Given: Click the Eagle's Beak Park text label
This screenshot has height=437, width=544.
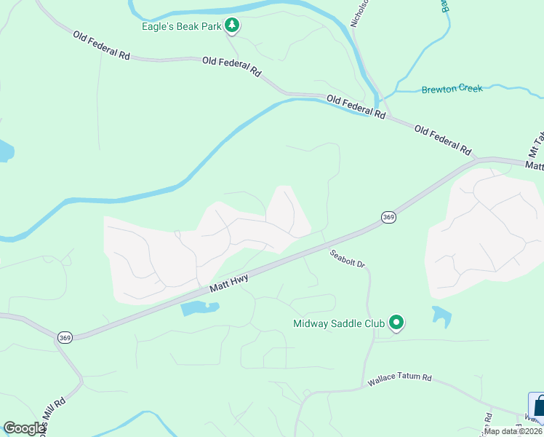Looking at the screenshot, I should coord(180,28).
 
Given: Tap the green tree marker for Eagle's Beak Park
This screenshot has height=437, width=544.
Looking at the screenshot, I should coord(232,27).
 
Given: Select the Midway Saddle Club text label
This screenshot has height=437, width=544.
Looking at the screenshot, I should coord(339,323).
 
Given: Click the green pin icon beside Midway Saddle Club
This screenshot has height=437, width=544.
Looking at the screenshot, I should coord(396,322).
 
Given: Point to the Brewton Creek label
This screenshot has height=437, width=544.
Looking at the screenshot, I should coord(452,89).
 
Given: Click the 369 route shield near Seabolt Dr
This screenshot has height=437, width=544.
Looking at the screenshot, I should coord(388,218).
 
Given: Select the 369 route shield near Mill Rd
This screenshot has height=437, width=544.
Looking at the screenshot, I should coord(65,336).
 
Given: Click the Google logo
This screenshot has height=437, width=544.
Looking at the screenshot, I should coord(24,428).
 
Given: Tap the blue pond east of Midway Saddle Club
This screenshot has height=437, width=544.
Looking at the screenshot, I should coord(441,315).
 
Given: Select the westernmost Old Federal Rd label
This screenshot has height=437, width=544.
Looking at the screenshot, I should coord(100,45).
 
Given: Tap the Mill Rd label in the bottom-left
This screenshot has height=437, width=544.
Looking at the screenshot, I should coord(55,416).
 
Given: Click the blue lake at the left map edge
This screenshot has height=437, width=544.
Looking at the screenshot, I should coord(4,151).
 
